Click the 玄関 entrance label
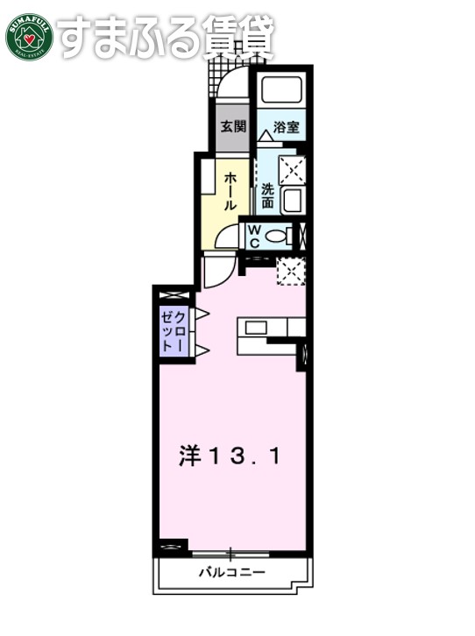pyautogui.click(x=232, y=125)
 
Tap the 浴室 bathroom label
pyautogui.click(x=286, y=126)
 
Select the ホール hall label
pyautogui.click(x=230, y=190)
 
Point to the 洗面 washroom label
pyautogui.click(x=267, y=194)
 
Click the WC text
pyautogui.click(x=252, y=235)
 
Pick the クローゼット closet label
pyautogui.click(x=172, y=330)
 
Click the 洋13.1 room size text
pyautogui.click(x=231, y=456)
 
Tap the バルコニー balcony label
pyautogui.click(x=231, y=573)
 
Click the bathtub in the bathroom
pyautogui.click(x=280, y=91)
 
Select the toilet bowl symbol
pyautogui.click(x=278, y=235)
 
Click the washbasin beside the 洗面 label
pyautogui.click(x=293, y=199)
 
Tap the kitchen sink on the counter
pyautogui.click(x=256, y=328)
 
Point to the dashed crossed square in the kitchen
pyautogui.click(x=289, y=271)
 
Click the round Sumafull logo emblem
pyautogui.click(x=29, y=36)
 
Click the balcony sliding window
pyautogui.click(x=231, y=552)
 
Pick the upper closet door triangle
pyautogui.click(x=200, y=313)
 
